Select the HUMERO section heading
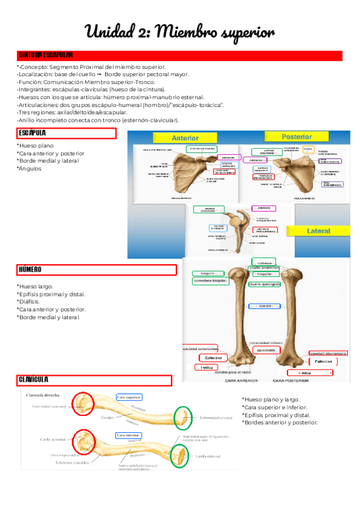30,270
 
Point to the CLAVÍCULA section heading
33,380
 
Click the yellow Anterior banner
185,137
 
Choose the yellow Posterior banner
296,136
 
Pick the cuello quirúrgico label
264,284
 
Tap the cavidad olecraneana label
328,354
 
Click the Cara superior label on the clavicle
128,397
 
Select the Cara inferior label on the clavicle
128,435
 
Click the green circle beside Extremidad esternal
183,417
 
